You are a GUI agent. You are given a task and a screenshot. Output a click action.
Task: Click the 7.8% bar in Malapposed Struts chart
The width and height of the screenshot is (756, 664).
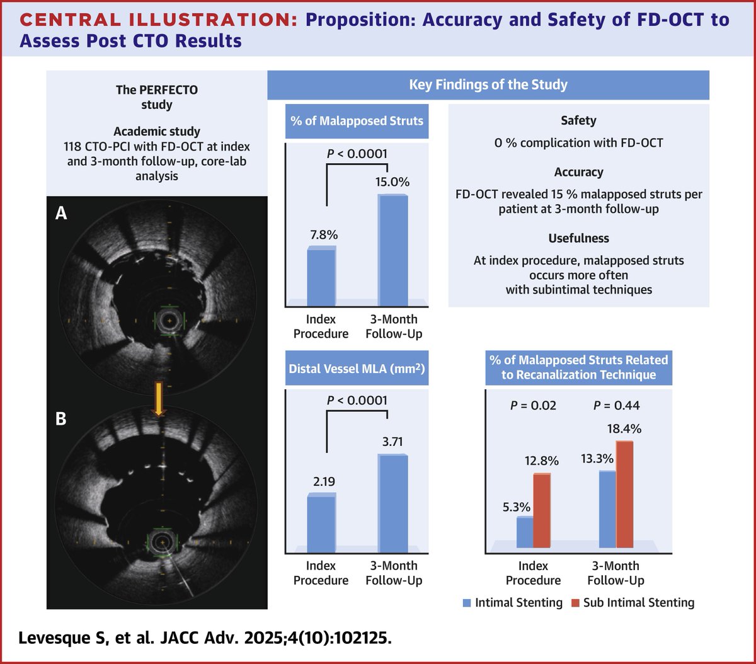pos(321,275)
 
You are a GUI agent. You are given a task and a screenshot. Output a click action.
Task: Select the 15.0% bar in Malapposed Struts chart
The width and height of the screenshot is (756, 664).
pos(392,249)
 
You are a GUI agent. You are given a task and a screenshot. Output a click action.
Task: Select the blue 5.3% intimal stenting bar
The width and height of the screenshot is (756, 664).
pos(525,532)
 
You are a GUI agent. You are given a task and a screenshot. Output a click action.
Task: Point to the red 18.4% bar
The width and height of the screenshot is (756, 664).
pos(624,494)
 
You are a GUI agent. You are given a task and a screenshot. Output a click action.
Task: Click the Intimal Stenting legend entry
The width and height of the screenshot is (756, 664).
pos(512,603)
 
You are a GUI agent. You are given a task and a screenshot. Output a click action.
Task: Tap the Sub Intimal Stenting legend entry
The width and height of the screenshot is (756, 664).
pos(633,603)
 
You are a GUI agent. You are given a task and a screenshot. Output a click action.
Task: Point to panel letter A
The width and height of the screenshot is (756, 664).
pos(61,214)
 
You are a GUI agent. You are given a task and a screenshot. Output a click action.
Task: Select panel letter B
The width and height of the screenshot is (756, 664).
pos(61,418)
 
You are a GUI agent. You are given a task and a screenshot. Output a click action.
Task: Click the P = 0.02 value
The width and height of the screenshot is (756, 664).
pos(533,405)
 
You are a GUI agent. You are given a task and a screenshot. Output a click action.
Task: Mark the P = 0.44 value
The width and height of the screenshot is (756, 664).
pos(616,405)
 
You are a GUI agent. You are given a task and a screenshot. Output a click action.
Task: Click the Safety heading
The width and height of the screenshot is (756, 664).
pos(578,120)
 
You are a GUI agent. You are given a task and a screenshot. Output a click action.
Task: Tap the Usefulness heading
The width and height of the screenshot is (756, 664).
pos(578,238)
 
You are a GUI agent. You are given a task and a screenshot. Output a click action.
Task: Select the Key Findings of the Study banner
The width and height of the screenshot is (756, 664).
pos(488,85)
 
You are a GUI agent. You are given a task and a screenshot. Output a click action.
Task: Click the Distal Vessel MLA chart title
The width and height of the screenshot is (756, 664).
pos(357,369)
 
